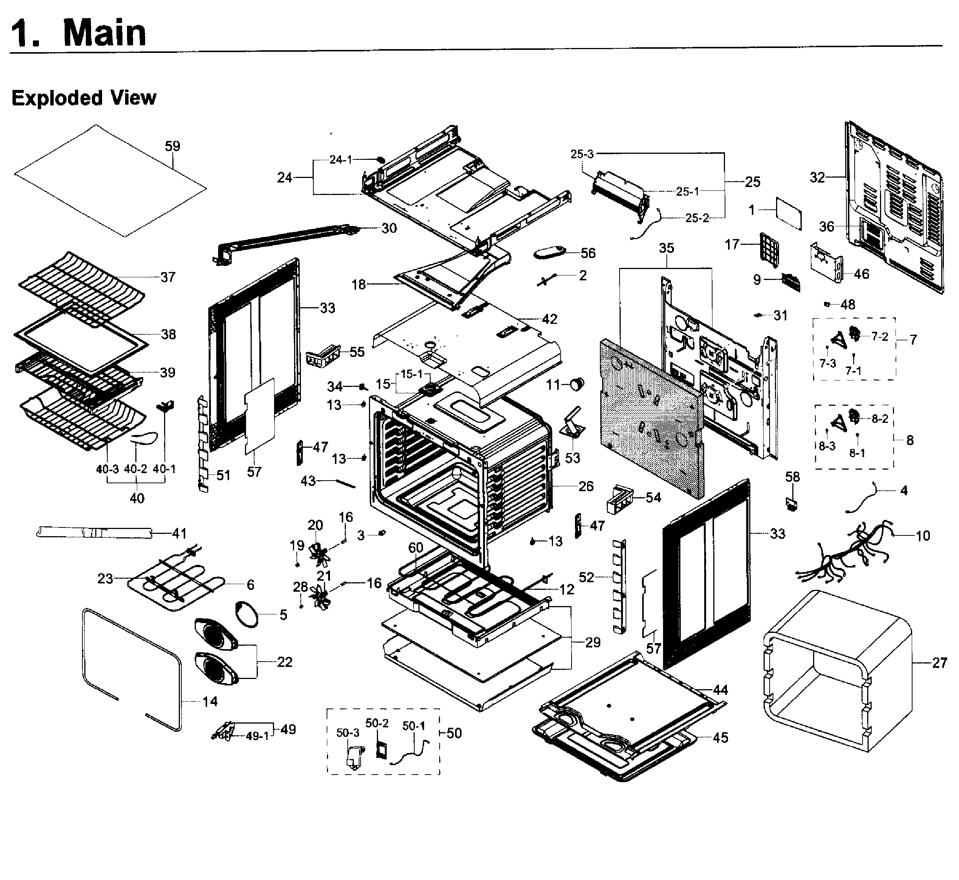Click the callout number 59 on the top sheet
point(172,146)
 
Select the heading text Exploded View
point(84,98)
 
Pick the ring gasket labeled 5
point(248,615)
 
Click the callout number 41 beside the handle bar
point(179,534)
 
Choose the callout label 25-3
point(582,154)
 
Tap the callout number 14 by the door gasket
point(210,701)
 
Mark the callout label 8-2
point(880,419)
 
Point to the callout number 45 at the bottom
point(720,738)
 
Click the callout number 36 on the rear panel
point(827,227)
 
